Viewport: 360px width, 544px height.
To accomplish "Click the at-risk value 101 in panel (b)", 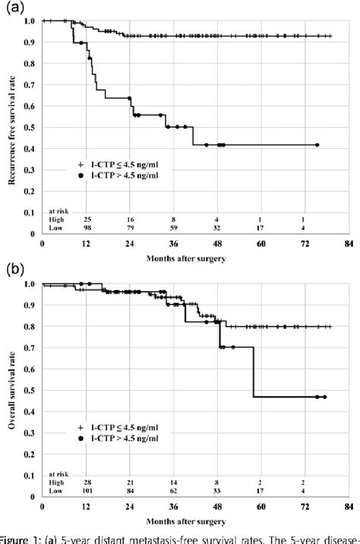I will tap(87, 489).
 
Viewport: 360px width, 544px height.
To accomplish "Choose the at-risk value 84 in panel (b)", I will tap(131, 489).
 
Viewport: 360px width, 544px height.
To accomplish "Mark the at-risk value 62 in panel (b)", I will tap(174, 489).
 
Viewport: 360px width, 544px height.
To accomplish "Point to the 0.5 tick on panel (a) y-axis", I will tap(30, 126).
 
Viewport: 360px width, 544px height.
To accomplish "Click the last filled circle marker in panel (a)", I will tap(317, 144).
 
